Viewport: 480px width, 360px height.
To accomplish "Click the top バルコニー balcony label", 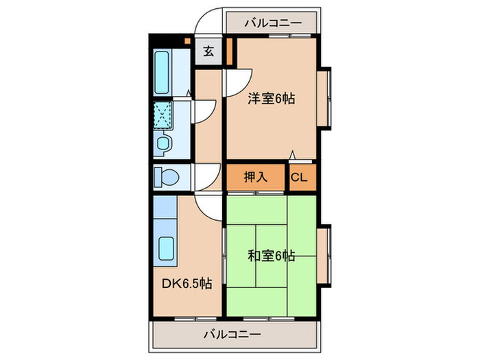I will (272, 23).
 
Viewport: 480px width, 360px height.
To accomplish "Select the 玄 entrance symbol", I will (208, 50).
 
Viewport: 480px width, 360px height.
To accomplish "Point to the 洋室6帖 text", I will (272, 99).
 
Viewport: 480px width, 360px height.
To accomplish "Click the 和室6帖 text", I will (272, 256).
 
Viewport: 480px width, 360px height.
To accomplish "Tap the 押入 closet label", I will (255, 178).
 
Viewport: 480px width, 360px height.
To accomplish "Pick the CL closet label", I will (300, 178).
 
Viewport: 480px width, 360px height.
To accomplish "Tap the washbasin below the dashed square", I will (163, 143).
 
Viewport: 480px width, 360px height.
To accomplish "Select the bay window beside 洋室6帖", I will (327, 97).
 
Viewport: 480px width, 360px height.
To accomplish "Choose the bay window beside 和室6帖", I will (327, 254).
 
